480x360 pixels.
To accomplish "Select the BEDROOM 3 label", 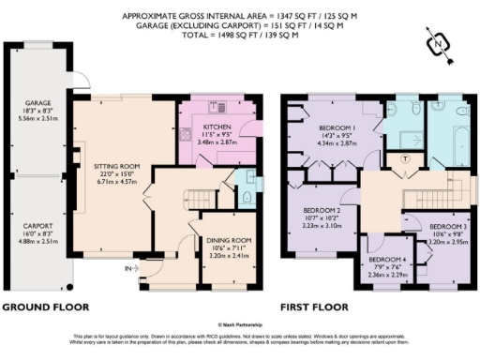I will (447, 226).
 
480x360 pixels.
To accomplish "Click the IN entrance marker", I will (126, 269).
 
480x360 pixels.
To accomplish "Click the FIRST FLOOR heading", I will (313, 307).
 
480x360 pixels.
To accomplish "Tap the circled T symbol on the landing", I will (404, 159).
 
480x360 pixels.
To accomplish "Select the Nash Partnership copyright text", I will (241, 324).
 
